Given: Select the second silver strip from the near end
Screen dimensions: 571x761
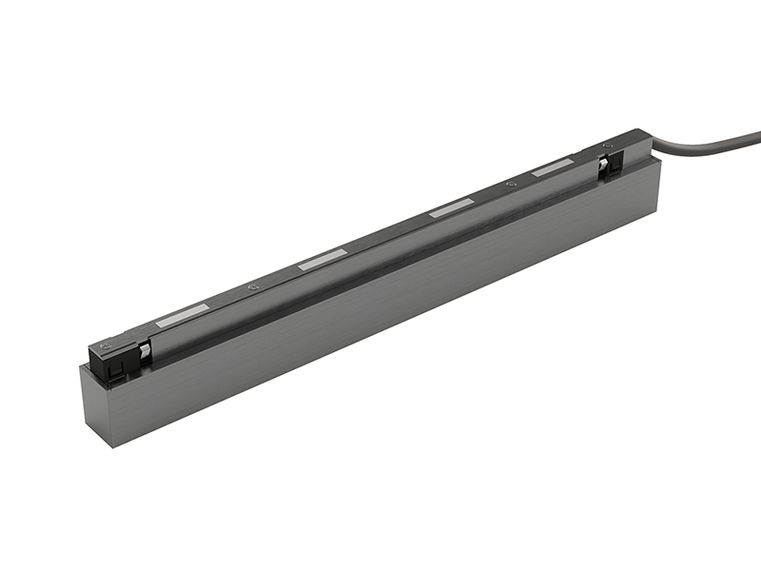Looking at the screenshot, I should [x=322, y=261].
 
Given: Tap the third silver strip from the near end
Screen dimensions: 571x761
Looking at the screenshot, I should [x=451, y=209].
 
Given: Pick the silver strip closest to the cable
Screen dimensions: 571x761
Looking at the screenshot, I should [x=552, y=169].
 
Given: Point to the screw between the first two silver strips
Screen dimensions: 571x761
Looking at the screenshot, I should [x=253, y=287].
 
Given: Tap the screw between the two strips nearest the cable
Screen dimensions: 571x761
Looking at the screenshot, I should [x=512, y=185].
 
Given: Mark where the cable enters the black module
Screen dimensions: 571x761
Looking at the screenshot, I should [x=649, y=146].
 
